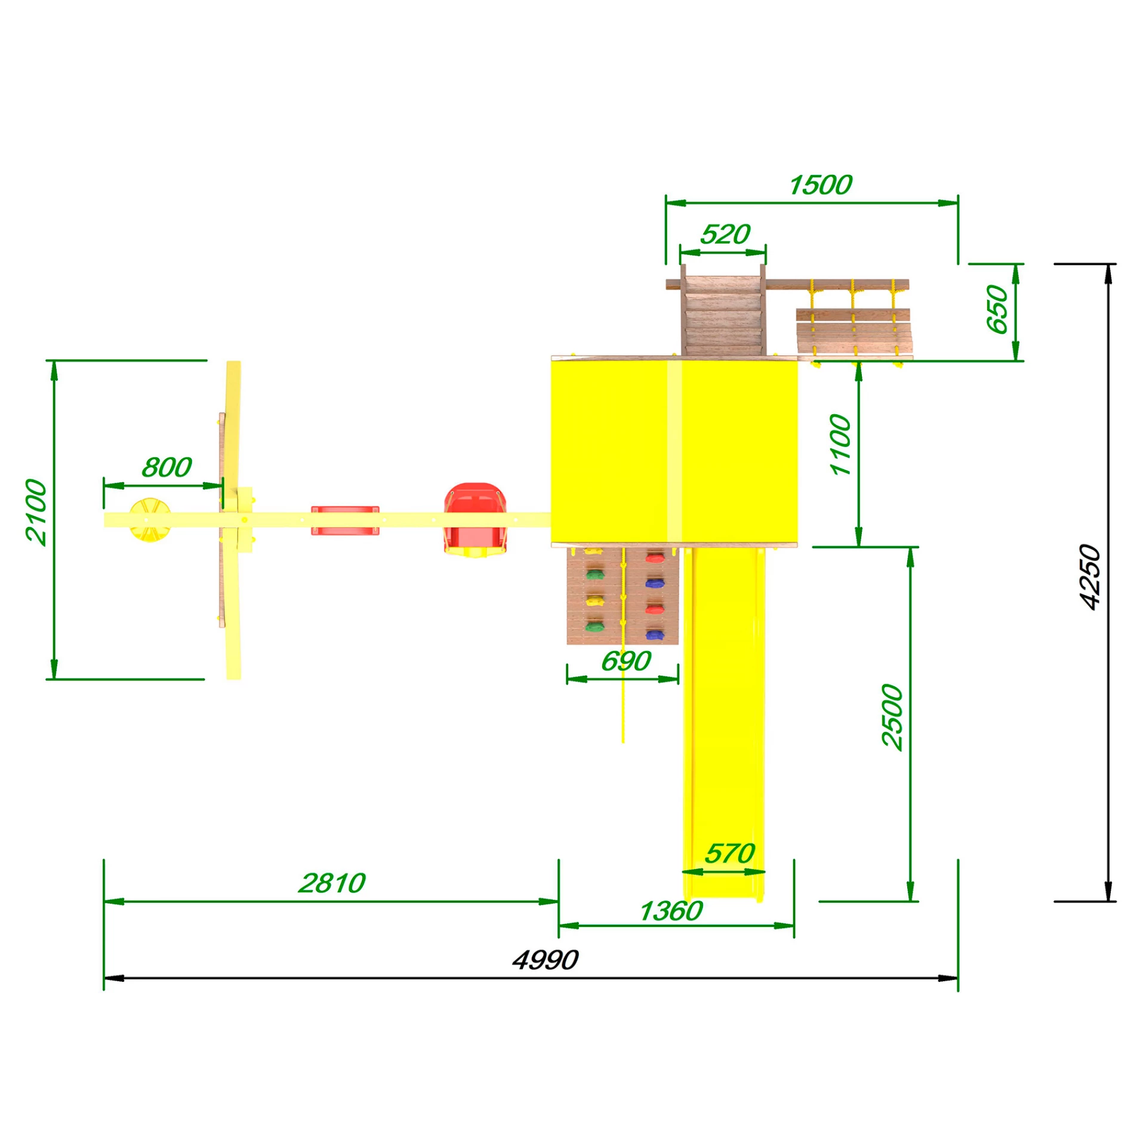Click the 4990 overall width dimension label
click(545, 960)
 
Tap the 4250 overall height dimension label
click(1090, 577)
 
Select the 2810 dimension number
click(331, 883)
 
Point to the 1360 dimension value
click(671, 911)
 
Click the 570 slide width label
click(729, 853)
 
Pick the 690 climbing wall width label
click(625, 661)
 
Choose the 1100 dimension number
click(840, 445)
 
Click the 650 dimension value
click(997, 309)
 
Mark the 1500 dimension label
click(820, 185)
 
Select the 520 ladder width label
click(725, 234)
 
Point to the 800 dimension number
click(167, 467)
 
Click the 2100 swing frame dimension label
click(36, 511)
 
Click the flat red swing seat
click(345, 520)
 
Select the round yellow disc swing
click(150, 520)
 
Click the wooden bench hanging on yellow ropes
click(854, 331)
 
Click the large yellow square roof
click(674, 452)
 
